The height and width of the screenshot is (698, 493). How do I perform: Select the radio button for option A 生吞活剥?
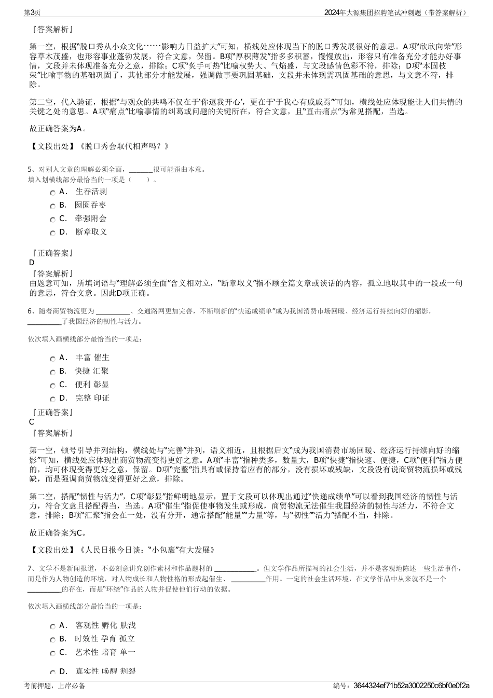point(53,193)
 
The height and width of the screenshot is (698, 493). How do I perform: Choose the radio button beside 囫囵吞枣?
point(53,207)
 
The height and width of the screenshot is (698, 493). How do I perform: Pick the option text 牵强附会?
point(91,218)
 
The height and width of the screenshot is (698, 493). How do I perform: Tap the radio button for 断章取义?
point(53,234)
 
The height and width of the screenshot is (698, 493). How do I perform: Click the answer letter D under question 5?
point(32,263)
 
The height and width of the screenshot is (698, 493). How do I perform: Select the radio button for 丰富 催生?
point(53,359)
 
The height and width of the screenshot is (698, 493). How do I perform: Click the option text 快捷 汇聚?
point(91,371)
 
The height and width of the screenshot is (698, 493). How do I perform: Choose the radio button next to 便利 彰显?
point(53,386)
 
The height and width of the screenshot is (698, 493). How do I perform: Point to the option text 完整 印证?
point(92,398)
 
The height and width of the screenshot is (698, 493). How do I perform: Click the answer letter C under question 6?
point(32,422)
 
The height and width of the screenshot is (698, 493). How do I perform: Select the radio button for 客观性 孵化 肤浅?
point(53,627)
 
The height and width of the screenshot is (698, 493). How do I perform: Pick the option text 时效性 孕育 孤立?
point(105,639)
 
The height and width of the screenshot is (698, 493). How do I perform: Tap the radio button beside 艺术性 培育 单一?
point(53,654)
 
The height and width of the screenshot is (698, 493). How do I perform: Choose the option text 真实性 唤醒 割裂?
point(105,671)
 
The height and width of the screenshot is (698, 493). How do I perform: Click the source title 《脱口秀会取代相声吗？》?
point(124,146)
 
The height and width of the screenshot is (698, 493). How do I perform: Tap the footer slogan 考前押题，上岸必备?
point(54,686)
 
